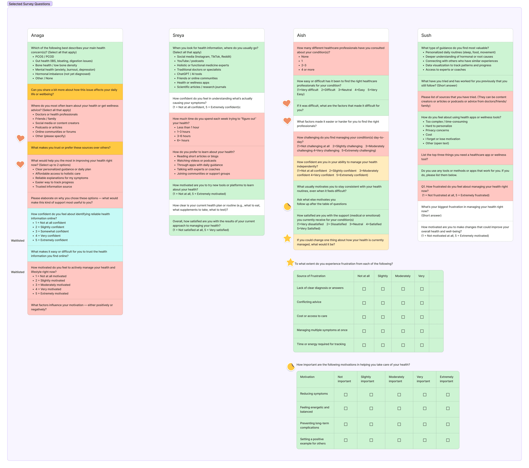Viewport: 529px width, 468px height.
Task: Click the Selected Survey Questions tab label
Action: [x=29, y=4]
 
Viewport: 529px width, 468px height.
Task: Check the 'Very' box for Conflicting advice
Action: [x=422, y=303]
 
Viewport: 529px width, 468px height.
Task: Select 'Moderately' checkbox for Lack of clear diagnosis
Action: [x=403, y=289]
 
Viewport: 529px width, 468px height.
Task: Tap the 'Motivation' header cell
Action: [x=307, y=377]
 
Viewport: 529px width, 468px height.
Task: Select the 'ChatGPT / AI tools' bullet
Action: [x=189, y=74]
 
